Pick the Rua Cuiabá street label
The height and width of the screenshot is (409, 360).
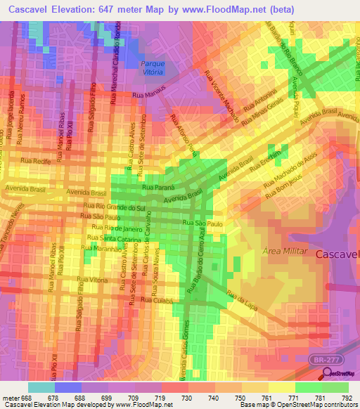point(155,300)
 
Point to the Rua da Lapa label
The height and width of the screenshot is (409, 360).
point(241,297)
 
